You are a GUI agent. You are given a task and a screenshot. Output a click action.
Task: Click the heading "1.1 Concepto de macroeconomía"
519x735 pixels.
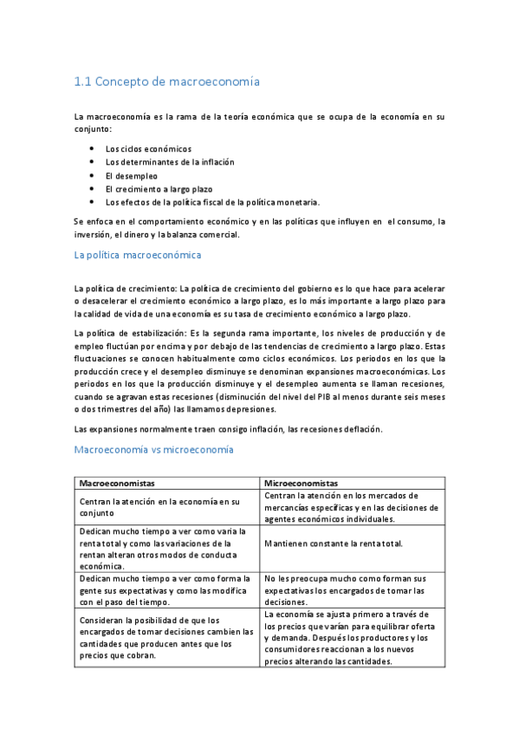point(167,82)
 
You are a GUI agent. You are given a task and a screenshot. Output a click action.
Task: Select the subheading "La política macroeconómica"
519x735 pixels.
point(138,255)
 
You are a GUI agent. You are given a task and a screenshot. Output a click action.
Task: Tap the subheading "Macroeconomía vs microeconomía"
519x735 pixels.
point(154,450)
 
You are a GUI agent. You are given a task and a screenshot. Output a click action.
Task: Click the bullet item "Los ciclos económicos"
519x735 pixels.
point(148,149)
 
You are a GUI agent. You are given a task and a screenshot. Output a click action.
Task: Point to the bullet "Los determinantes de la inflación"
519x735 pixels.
point(170,162)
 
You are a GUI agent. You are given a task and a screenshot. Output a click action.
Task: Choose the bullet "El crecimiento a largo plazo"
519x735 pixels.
point(159,188)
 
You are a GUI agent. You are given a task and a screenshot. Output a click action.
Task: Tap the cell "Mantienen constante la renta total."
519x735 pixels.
point(334,543)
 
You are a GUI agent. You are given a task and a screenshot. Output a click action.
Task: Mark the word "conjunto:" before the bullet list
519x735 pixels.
point(94,128)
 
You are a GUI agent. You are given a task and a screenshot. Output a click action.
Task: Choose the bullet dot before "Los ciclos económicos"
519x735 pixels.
point(91,149)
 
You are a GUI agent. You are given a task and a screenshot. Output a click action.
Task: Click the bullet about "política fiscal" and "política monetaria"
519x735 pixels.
point(212,201)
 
